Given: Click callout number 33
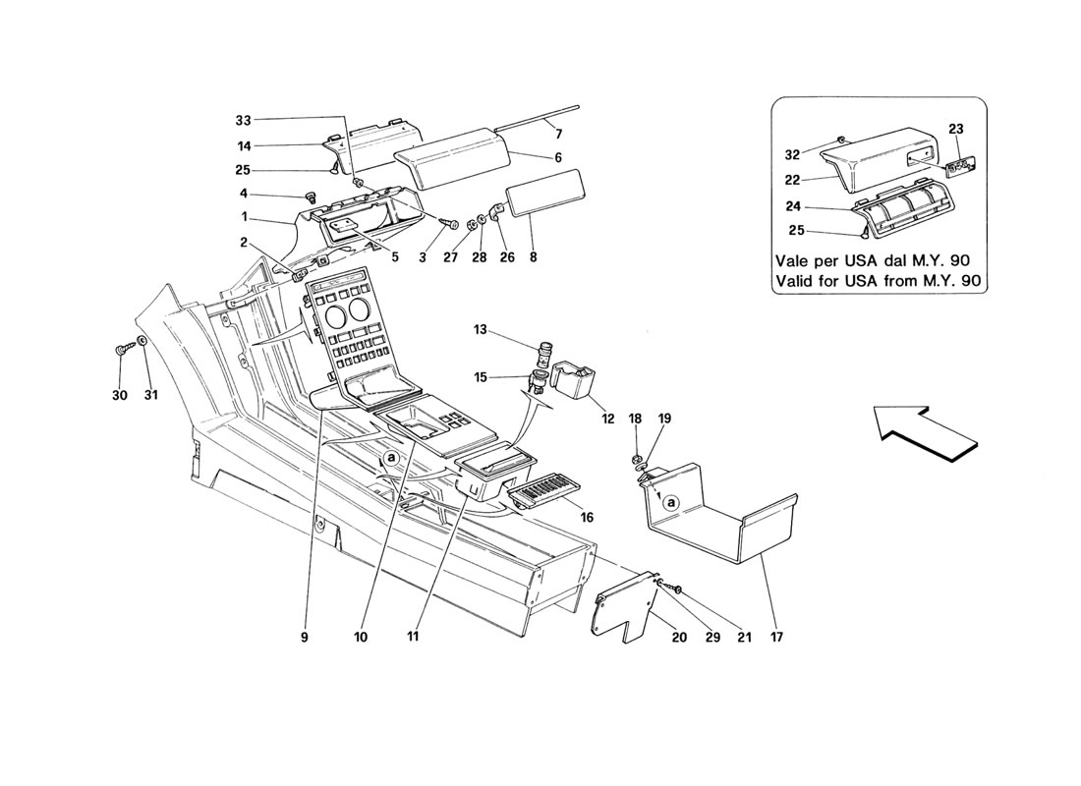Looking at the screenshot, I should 243,120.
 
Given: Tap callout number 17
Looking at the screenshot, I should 775,637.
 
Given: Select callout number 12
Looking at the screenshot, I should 608,419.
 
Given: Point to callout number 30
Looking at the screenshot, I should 120,396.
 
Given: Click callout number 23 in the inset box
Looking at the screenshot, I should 957,129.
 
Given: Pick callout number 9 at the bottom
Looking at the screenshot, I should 305,637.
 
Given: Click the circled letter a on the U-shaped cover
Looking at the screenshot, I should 671,502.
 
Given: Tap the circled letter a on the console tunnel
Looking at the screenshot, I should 391,458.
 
